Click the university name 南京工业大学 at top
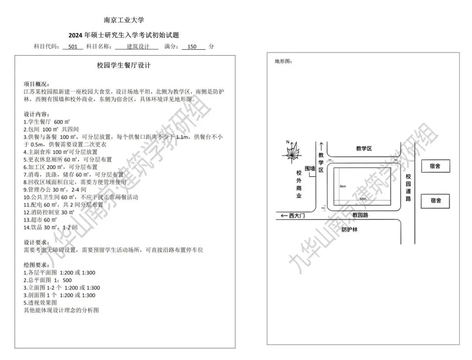[x=124, y=20]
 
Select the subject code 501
[x=73, y=47]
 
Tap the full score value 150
[x=192, y=47]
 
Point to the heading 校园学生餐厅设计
[x=124, y=66]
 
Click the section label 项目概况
[x=37, y=84]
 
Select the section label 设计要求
[x=37, y=242]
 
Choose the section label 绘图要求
[x=37, y=265]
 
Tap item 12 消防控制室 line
[x=49, y=212]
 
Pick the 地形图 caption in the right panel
[x=283, y=61]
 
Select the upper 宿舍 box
[x=435, y=166]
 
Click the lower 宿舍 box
[x=435, y=201]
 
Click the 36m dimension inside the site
[x=343, y=186]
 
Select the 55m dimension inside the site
[x=363, y=198]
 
